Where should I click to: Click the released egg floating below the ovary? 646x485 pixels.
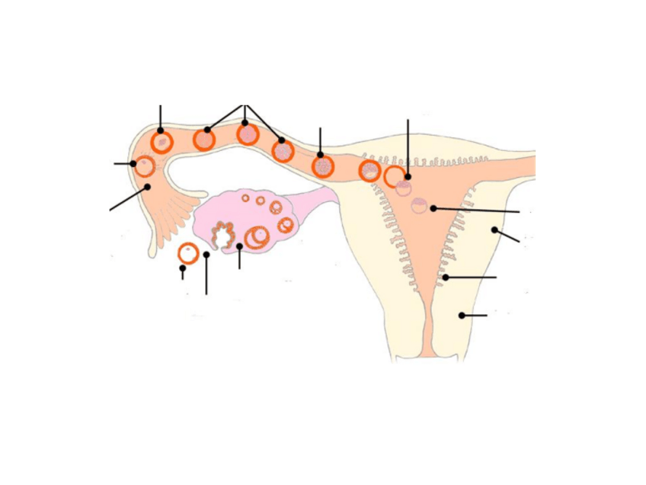[x=188, y=253]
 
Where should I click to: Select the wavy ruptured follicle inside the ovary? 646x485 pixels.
[x=222, y=236]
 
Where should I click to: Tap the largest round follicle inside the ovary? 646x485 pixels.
[x=257, y=237]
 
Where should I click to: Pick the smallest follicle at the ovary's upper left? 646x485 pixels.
[x=245, y=198]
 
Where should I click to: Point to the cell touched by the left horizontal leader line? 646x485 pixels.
[x=145, y=165]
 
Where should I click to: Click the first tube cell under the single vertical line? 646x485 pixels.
[x=161, y=142]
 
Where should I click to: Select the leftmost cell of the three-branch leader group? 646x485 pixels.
[x=204, y=139]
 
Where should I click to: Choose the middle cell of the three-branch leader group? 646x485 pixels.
[x=248, y=134]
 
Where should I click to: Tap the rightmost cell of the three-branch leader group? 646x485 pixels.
[x=283, y=150]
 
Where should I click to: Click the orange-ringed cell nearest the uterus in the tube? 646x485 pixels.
[x=369, y=171]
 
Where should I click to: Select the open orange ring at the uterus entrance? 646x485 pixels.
[x=393, y=176]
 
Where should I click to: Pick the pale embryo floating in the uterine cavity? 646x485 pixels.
[x=419, y=205]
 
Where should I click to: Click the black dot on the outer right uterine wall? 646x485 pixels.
[x=494, y=230]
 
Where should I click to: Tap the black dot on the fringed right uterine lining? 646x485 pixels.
[x=446, y=278]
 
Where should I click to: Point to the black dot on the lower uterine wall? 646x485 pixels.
[x=461, y=314]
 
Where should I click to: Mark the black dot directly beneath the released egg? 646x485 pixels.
[x=182, y=268]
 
